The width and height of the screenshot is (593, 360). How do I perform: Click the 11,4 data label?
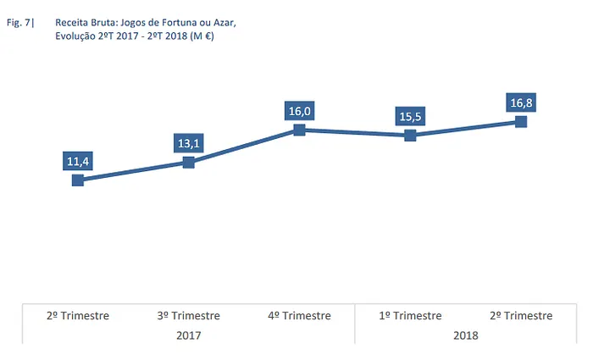[78, 161]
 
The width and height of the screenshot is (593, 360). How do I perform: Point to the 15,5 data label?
[410, 116]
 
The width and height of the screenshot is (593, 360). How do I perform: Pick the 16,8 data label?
[521, 103]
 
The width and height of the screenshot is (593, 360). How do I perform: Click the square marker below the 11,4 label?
[78, 180]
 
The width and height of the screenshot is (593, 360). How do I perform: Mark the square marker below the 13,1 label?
[189, 162]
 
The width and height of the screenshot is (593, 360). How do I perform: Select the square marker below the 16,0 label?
[299, 130]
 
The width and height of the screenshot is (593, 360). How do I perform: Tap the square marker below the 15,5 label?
[410, 135]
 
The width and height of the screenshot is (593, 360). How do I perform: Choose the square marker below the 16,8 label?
[521, 122]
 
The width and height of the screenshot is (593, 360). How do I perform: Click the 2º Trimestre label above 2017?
[78, 316]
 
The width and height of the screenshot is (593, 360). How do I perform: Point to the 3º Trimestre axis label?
[189, 316]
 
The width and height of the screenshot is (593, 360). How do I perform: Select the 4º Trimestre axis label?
[299, 316]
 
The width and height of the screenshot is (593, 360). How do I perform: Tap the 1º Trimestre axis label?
[410, 316]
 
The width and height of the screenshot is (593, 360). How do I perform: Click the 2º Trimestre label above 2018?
[521, 316]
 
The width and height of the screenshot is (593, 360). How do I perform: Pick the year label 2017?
[189, 335]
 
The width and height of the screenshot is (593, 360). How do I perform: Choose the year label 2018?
[465, 335]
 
